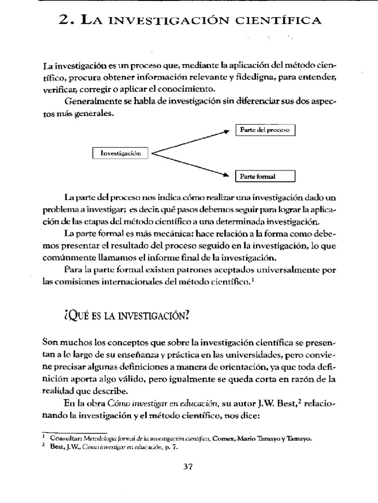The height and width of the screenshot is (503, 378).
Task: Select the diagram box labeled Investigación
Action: [x=121, y=153]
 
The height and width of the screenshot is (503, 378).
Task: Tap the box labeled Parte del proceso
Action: [x=265, y=130]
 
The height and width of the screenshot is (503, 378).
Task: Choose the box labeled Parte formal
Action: [x=265, y=176]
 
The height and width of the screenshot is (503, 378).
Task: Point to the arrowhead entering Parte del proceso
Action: [x=227, y=131]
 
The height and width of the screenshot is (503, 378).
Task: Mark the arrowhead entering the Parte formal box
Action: [x=227, y=174]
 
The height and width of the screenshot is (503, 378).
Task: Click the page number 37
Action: [x=189, y=467]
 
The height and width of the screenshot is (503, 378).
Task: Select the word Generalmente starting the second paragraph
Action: [x=92, y=101]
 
